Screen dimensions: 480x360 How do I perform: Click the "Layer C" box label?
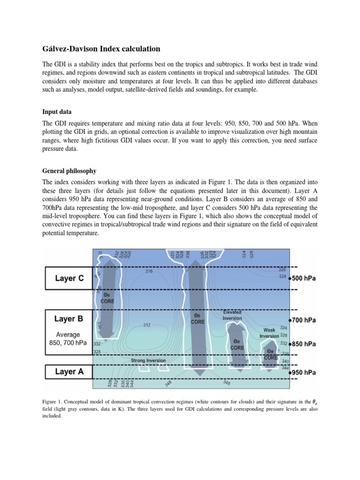coord(69,278)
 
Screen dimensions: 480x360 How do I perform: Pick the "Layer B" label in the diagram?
coord(69,319)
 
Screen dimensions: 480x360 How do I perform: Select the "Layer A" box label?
coord(69,372)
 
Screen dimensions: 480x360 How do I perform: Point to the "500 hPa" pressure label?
coord(305,278)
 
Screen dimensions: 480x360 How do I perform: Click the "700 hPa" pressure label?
coord(305,321)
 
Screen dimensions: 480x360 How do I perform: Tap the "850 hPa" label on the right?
coord(305,344)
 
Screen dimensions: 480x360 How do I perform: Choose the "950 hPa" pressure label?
coord(305,373)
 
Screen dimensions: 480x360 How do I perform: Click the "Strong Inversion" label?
coord(148,360)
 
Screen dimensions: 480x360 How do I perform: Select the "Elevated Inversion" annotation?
coord(232,315)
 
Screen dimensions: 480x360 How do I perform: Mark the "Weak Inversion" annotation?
coord(269,333)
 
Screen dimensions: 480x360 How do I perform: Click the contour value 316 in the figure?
coord(149,271)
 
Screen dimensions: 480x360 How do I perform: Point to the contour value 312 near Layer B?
coord(147,325)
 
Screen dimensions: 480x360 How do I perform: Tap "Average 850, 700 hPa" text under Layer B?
coord(68,339)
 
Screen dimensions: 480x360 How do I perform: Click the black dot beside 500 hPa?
coord(291,278)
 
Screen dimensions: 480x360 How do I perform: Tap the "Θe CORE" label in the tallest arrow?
coord(197,322)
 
